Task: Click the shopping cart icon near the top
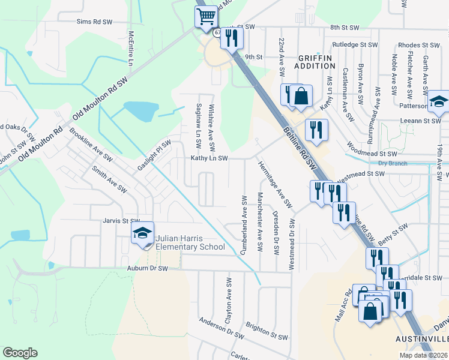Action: tap(206, 17)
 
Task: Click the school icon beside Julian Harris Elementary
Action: tap(142, 235)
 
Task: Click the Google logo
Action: tap(20, 353)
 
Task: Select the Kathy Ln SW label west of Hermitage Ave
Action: tap(209, 158)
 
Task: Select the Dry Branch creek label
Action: tap(393, 163)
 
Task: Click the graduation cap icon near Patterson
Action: tap(439, 103)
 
